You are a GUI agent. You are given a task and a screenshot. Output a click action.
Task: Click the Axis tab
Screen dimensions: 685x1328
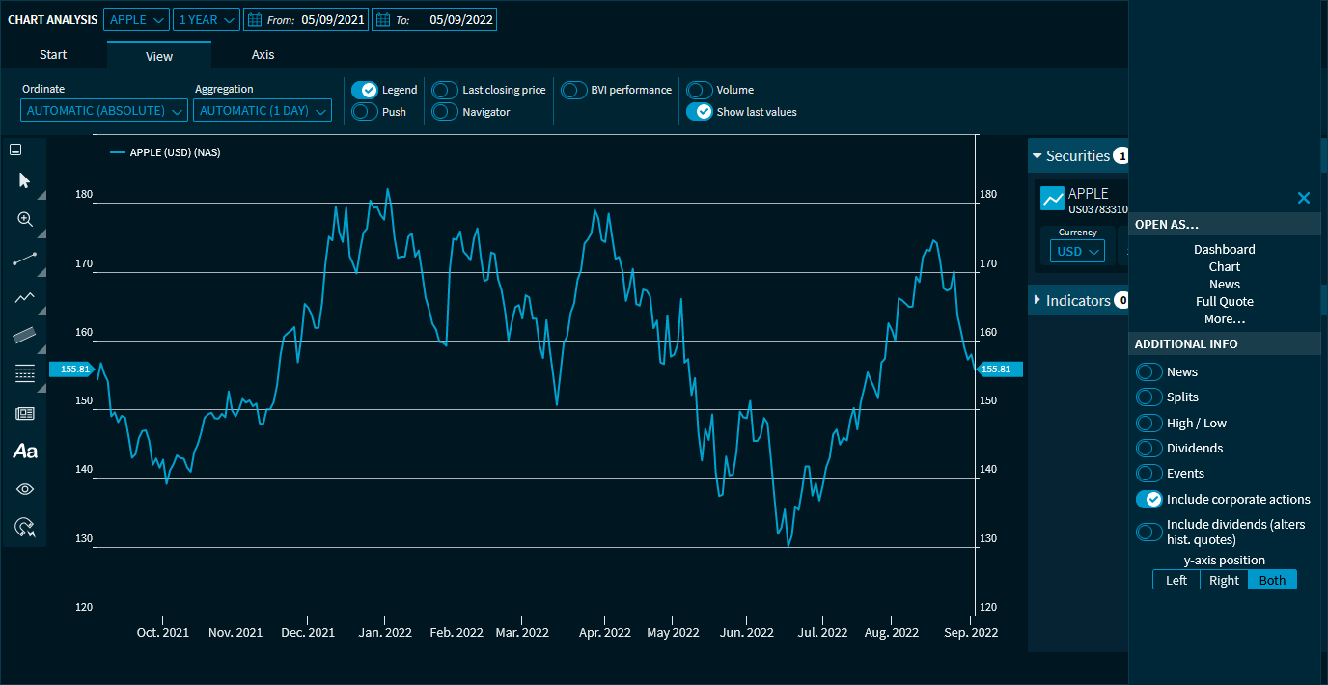pyautogui.click(x=263, y=55)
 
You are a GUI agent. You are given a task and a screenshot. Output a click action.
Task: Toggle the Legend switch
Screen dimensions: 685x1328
pyautogui.click(x=365, y=90)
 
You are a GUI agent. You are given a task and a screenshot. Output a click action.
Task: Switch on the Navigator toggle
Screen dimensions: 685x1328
pyautogui.click(x=445, y=112)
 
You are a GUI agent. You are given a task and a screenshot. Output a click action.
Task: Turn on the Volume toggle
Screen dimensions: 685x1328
pyautogui.click(x=700, y=90)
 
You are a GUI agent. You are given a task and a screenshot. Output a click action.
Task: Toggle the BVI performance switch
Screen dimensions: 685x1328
pyautogui.click(x=574, y=90)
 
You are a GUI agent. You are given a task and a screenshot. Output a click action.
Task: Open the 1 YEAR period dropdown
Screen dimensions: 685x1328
pyautogui.click(x=207, y=19)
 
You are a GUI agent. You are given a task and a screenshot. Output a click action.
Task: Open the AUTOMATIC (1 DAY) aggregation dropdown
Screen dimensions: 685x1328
pyautogui.click(x=263, y=111)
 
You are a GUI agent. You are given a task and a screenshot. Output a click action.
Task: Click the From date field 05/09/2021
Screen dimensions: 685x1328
pyautogui.click(x=333, y=19)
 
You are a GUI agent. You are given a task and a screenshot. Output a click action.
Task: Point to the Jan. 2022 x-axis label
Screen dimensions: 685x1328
pyautogui.click(x=384, y=633)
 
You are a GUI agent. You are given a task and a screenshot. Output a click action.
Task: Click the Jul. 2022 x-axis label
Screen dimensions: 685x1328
pyautogui.click(x=823, y=633)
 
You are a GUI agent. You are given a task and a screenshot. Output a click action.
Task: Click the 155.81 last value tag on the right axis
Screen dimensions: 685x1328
pyautogui.click(x=999, y=369)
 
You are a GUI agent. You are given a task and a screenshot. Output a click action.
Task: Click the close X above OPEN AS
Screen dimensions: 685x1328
pyautogui.click(x=1304, y=198)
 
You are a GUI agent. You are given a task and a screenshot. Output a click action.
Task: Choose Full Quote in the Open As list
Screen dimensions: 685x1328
pyautogui.click(x=1225, y=301)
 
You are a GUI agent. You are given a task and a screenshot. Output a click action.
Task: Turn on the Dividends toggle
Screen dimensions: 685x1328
pyautogui.click(x=1149, y=448)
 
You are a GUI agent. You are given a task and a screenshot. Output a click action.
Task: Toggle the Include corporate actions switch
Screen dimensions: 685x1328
pyautogui.click(x=1149, y=499)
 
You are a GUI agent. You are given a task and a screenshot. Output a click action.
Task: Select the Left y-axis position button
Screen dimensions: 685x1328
pyautogui.click(x=1176, y=580)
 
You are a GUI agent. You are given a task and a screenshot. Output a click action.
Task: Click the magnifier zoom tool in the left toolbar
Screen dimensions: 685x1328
pyautogui.click(x=25, y=219)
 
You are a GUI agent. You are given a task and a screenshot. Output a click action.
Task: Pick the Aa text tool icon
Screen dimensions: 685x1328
pyautogui.click(x=25, y=451)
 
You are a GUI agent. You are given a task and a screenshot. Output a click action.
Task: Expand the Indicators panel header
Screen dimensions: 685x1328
pyautogui.click(x=1078, y=301)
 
